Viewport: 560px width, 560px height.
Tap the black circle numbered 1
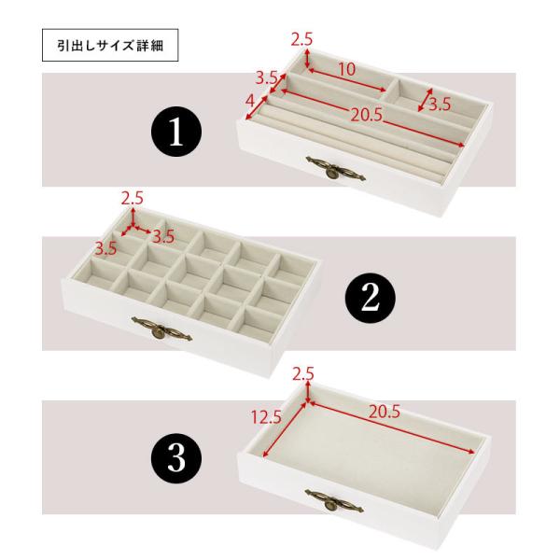tap(177, 133)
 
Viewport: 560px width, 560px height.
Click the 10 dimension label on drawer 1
tap(347, 68)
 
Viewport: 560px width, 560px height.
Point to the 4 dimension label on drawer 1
tap(249, 99)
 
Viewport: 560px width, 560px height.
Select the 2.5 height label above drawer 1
tap(301, 39)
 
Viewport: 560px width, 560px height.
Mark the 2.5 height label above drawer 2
tap(133, 197)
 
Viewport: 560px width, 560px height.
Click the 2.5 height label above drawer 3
tap(301, 374)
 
